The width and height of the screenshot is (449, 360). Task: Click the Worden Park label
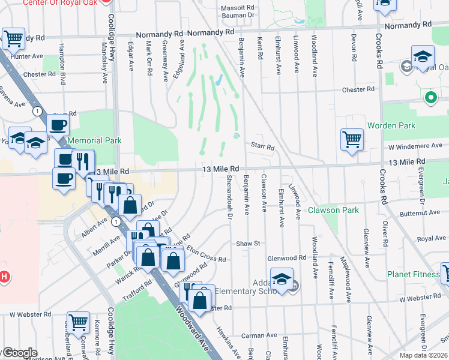tap(412, 125)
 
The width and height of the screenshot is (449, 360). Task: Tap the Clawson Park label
tap(333, 210)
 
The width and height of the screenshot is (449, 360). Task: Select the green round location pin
tap(430, 96)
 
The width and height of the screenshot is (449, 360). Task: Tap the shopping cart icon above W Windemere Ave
tap(352, 139)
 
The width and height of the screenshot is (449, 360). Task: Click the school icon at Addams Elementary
tap(282, 278)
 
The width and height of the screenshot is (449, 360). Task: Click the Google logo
tap(19, 353)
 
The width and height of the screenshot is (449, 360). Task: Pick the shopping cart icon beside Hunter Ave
tap(13, 38)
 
